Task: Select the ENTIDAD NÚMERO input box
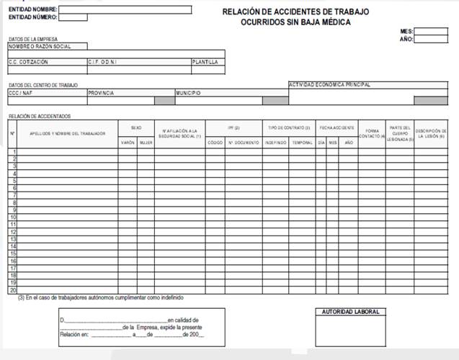point(73,17)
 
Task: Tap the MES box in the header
point(431,31)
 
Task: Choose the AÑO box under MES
point(431,40)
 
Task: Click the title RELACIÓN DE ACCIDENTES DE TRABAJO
point(296,11)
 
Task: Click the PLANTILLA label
point(205,63)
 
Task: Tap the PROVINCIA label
point(102,93)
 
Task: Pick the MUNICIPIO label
point(189,93)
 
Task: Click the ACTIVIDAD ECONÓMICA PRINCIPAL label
point(329,84)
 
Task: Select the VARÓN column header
point(128,143)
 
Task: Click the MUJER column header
point(146,143)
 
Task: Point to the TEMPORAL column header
point(302,143)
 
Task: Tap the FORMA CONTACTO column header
point(372,133)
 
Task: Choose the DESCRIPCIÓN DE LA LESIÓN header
point(431,133)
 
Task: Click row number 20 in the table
point(13,289)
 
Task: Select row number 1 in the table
point(13,152)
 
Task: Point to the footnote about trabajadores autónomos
point(101,297)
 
